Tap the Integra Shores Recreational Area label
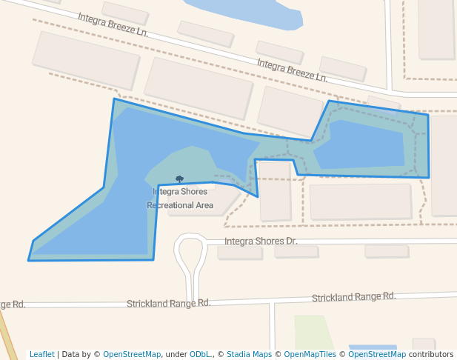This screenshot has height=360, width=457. pos(180,199)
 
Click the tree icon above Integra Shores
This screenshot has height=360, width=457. pos(179,179)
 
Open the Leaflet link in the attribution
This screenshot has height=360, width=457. pos(41,355)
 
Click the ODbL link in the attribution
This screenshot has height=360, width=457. pos(199,355)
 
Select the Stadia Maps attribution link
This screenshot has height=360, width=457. pos(249,355)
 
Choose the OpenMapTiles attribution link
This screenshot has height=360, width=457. pos(310,355)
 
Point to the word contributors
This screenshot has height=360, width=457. pos(430,355)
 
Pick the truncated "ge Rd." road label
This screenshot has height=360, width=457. pos(13,304)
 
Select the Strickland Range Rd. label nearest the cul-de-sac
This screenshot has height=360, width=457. pos(168,303)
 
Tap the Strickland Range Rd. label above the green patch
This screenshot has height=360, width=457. pos(353,297)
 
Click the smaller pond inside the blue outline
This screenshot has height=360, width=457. pos(361,144)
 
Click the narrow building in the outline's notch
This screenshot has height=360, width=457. pos(275,190)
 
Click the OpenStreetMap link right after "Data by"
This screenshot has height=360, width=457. pos(132,355)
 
